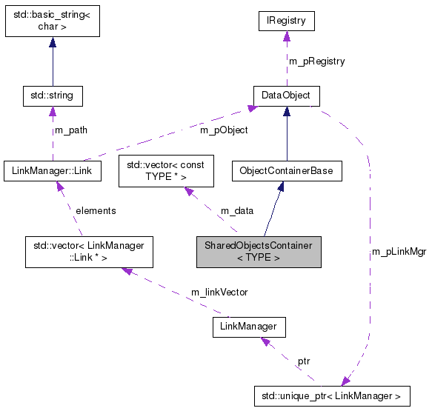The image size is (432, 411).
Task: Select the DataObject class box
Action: [286, 96]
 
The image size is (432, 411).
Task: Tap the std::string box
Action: [52, 96]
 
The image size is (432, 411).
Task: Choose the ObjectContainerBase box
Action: [286, 171]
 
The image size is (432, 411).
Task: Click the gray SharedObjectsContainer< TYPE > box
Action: [258, 253]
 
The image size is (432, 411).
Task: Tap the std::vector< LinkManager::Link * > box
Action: [89, 253]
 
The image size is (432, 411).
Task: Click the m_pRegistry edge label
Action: [317, 61]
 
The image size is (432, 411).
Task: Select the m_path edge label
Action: [70, 130]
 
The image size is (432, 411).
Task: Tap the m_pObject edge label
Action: [224, 130]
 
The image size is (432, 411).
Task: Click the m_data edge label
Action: [237, 211]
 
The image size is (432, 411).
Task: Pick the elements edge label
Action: [96, 211]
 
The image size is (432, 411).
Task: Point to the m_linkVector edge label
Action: [219, 292]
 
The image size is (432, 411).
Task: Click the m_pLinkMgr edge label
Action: [399, 253]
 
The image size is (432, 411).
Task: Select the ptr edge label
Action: [304, 362]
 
